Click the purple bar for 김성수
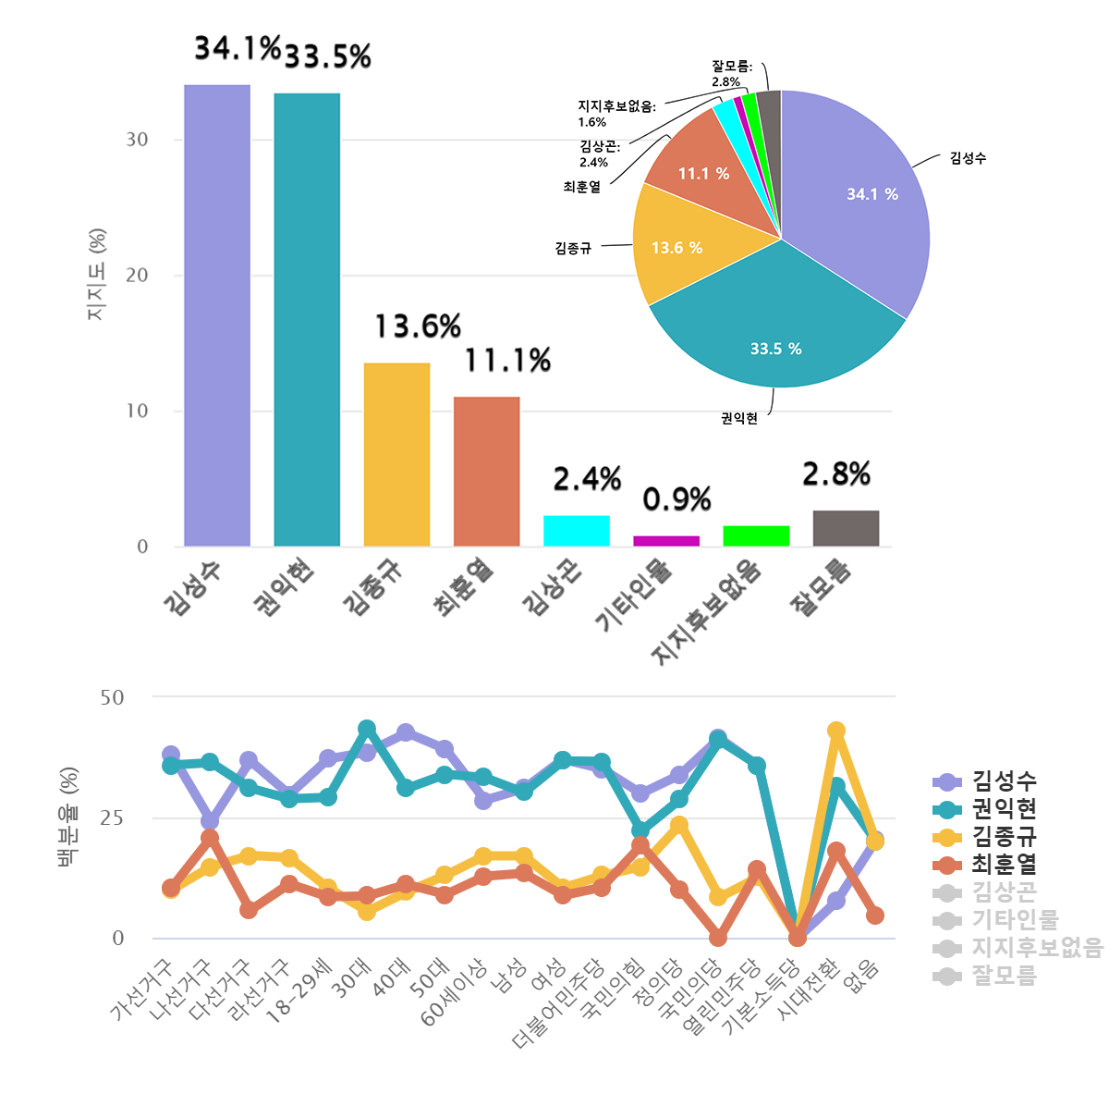[217, 314]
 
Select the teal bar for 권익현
[307, 319]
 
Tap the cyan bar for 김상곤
[577, 531]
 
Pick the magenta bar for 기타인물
[666, 541]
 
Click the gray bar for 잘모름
[846, 528]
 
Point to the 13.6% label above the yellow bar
[418, 326]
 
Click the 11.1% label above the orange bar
[507, 361]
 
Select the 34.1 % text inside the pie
[872, 194]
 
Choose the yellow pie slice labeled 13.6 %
[676, 248]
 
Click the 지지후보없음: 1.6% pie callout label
[615, 114]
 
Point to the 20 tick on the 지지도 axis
[137, 276]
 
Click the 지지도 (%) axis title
[97, 275]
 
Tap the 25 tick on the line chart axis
[112, 818]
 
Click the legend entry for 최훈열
[1003, 864]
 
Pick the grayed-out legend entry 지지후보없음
[1035, 947]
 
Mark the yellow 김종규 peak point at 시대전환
[836, 731]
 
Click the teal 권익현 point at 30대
[367, 729]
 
